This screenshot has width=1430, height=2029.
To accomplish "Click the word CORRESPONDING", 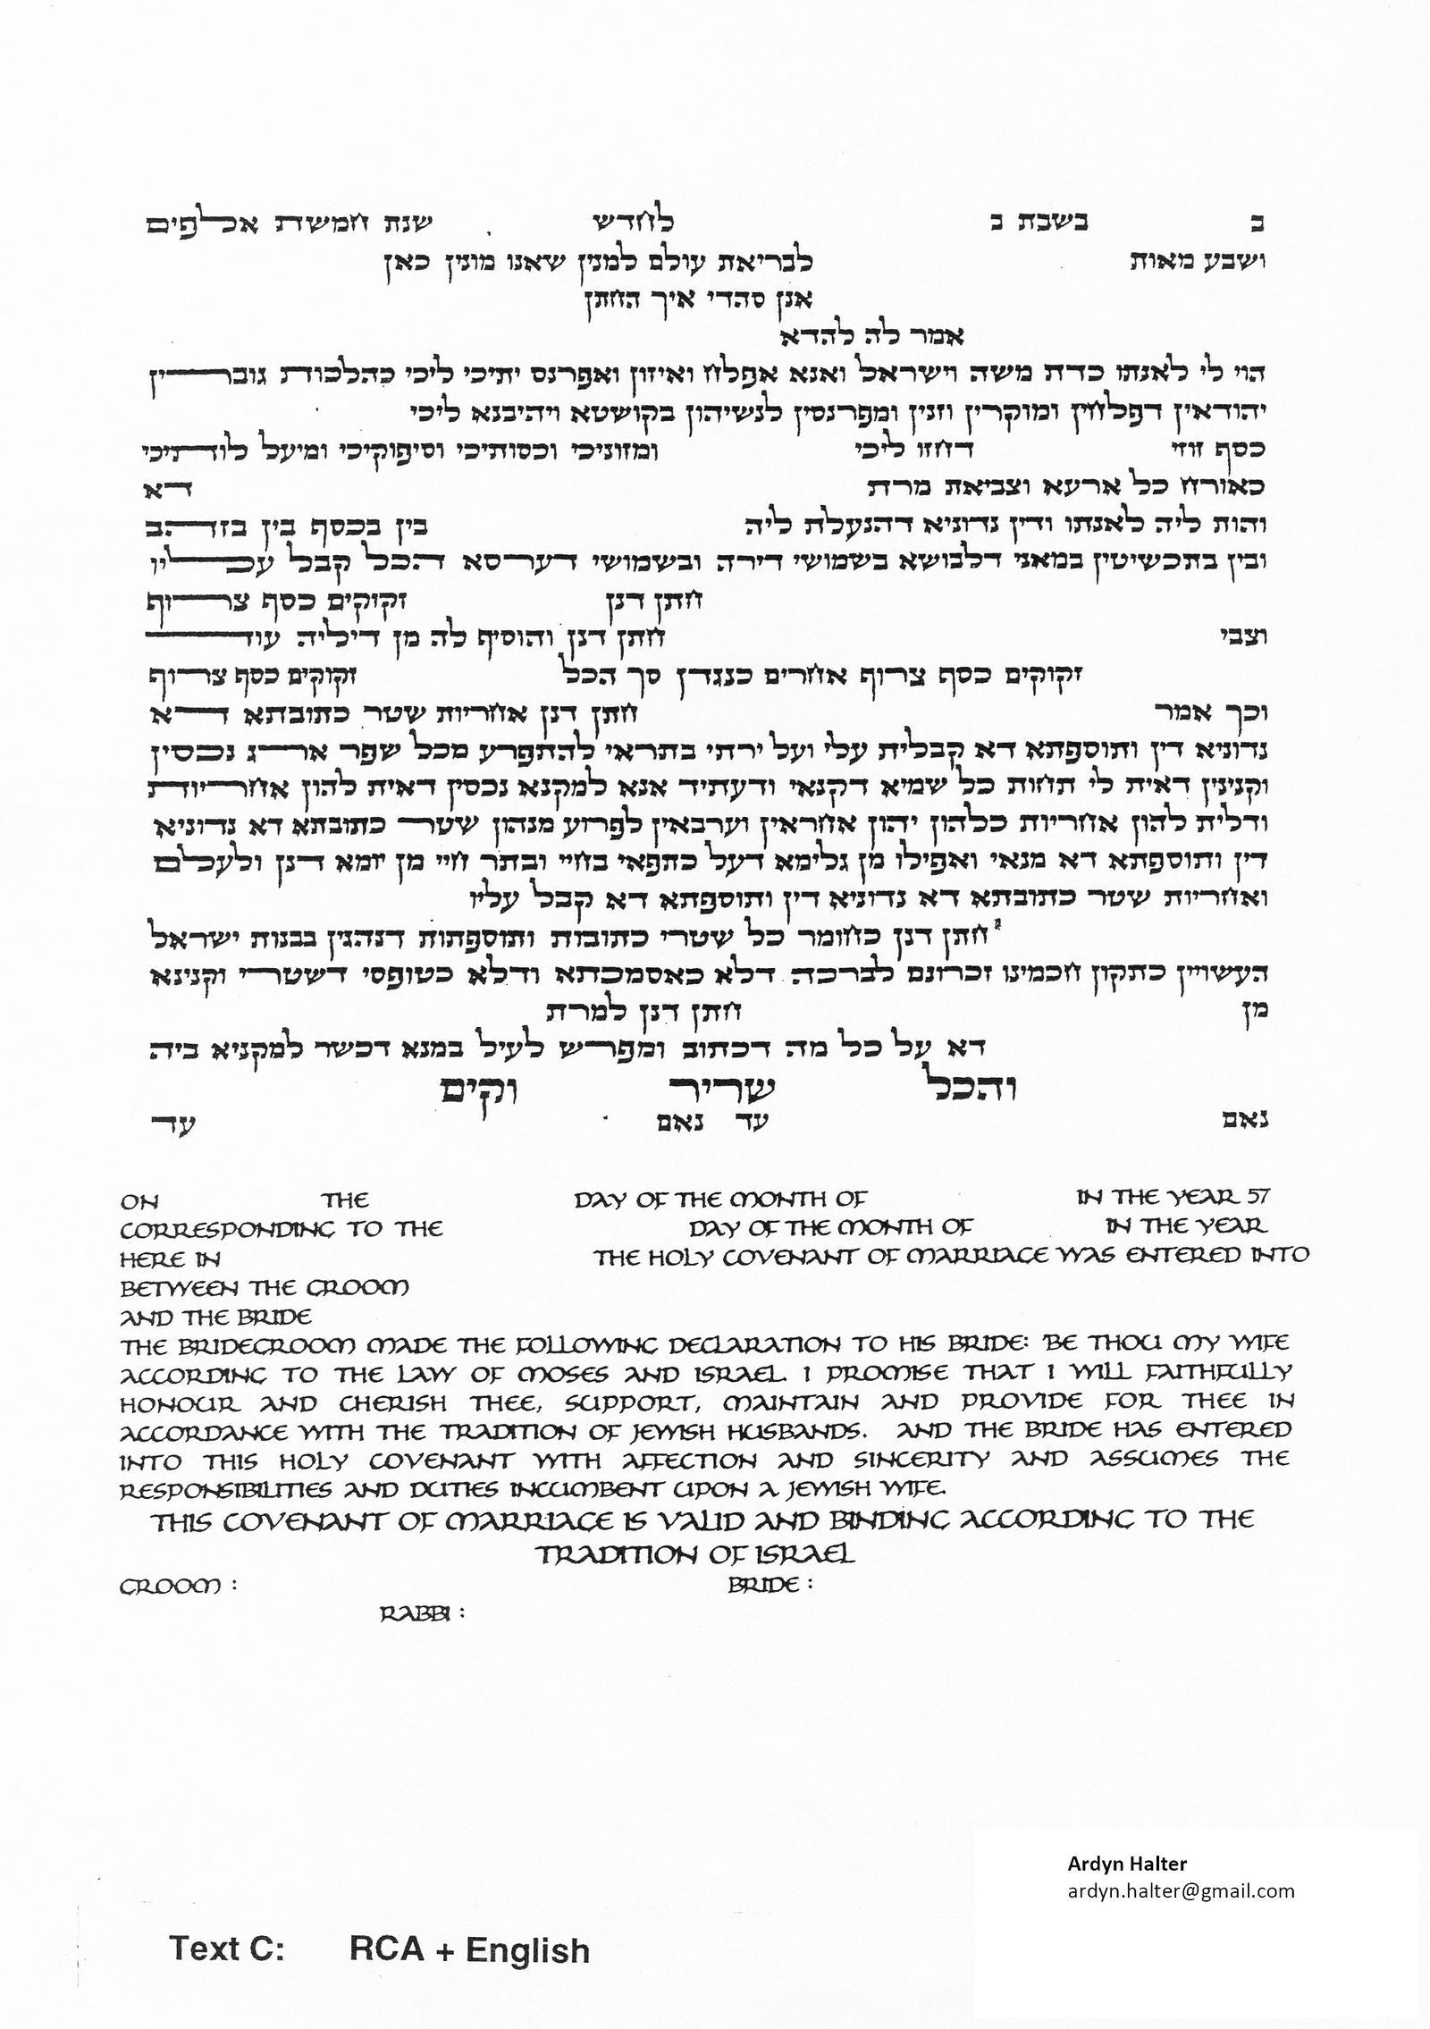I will point(224,1230).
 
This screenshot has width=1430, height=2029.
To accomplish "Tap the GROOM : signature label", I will point(179,1587).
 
